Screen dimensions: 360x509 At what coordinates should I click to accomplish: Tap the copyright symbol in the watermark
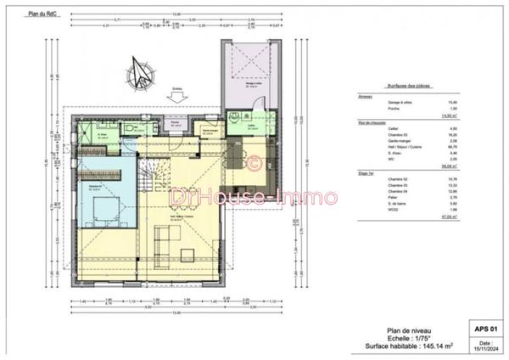tap(252, 160)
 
